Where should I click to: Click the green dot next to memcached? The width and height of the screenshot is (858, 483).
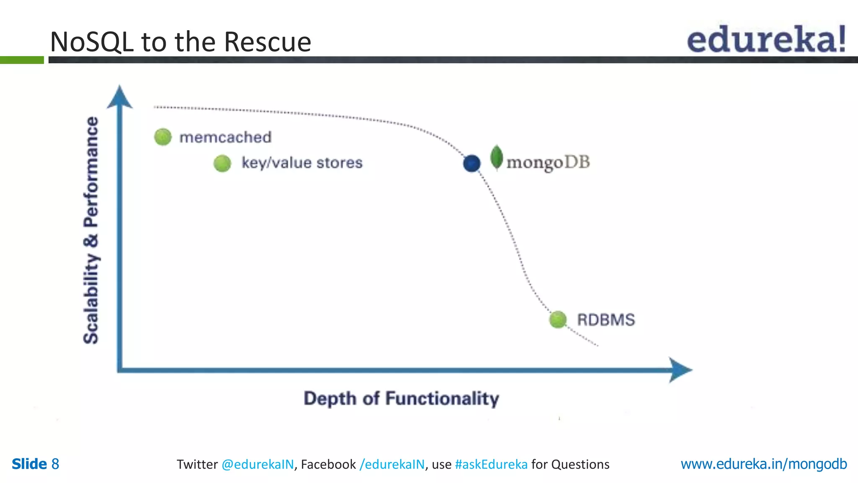coord(163,137)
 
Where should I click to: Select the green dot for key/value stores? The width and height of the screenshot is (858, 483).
coord(222,163)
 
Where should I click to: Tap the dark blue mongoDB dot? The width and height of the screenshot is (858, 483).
coord(472,163)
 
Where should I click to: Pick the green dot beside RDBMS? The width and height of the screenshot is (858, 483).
coord(558,319)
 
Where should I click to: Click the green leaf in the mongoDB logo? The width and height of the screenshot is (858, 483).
coord(496,158)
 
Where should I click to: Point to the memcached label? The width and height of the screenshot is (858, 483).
coord(225,137)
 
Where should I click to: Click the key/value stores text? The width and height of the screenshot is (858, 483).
coord(302,163)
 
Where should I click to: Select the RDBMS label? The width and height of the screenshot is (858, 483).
coord(606,320)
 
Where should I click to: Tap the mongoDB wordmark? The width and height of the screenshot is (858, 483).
coord(548,162)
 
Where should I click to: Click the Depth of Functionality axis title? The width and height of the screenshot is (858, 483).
coord(401,398)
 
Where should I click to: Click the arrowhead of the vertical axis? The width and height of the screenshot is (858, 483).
coord(120,97)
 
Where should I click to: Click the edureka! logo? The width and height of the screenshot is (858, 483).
coord(766,39)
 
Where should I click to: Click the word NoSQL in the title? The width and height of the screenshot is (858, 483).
coord(92,42)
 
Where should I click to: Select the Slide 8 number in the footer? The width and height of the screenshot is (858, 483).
coord(35,464)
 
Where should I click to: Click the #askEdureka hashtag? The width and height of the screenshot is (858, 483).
coord(491,465)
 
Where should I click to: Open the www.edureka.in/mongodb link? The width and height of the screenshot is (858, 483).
coord(763,464)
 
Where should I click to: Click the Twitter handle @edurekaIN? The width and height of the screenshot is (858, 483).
coord(257,465)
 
